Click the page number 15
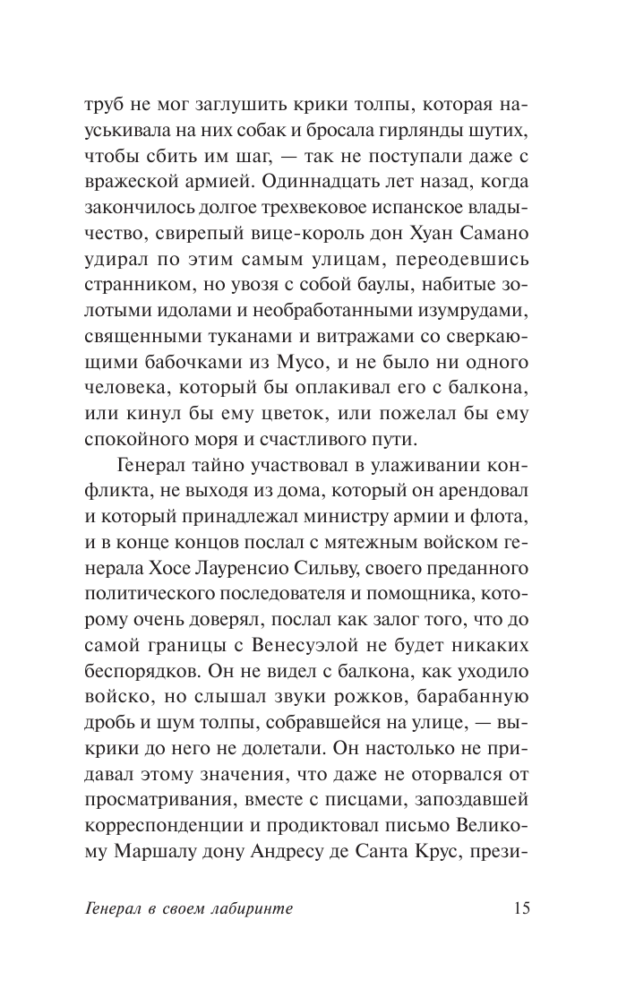(522, 908)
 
